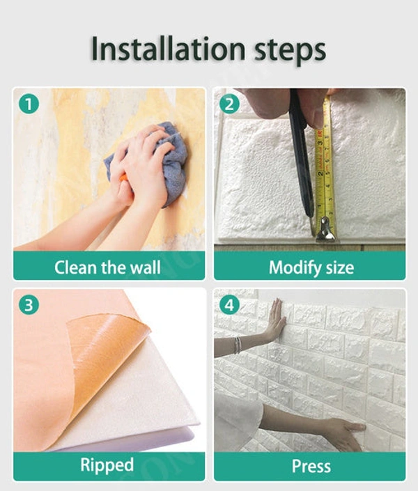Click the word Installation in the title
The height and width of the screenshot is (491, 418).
(x=168, y=49)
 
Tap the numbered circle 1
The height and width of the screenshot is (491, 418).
(x=29, y=104)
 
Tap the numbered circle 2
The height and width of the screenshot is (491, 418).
(x=229, y=104)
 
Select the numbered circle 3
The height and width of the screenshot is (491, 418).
(x=29, y=304)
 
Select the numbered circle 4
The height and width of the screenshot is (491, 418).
(x=229, y=304)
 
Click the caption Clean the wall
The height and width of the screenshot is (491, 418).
(x=107, y=267)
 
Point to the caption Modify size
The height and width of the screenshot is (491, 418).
(x=311, y=267)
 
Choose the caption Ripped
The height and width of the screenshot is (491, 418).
(x=107, y=465)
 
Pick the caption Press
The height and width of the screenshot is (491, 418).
(x=311, y=466)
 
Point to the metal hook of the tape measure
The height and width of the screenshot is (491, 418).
(x=325, y=231)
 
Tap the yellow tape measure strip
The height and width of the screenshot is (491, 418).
(x=325, y=163)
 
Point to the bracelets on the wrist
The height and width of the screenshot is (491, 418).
(x=238, y=345)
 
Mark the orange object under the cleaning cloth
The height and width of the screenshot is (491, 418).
(x=124, y=178)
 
